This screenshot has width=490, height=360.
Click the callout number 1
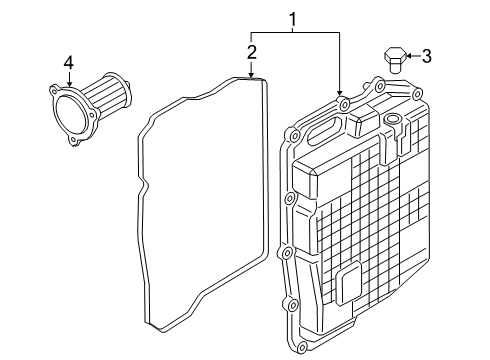[x=293, y=19]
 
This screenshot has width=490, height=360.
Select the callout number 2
[x=252, y=52]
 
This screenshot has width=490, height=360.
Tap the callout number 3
[x=426, y=56]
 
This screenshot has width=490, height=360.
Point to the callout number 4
[x=69, y=62]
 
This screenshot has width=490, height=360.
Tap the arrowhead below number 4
[x=69, y=84]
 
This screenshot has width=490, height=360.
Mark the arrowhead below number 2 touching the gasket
[x=251, y=75]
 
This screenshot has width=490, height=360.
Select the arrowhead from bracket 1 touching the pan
[x=339, y=92]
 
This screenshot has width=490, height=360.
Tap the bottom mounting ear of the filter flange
[x=75, y=141]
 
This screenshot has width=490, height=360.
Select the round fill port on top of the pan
[x=392, y=119]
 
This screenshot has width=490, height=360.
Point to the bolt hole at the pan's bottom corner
[x=301, y=346]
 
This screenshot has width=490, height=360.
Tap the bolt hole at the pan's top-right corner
[x=416, y=94]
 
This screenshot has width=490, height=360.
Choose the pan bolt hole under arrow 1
[x=342, y=104]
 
